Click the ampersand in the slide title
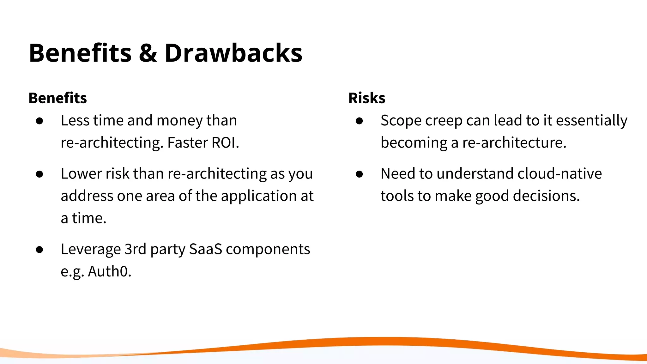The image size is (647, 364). coord(148,53)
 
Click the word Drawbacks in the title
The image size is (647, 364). coord(233,53)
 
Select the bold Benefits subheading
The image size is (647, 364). coord(57,98)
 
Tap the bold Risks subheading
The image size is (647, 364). coord(366,98)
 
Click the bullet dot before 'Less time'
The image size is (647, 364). coord(39,121)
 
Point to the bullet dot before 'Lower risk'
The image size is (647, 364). coord(39,174)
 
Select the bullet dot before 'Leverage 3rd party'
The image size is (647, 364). coord(39,250)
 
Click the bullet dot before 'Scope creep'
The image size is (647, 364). coord(359,121)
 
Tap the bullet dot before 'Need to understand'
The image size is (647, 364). coord(359,174)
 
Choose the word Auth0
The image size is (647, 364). coord(109,271)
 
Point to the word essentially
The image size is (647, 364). coord(591,121)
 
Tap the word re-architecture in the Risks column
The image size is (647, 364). coord(514,143)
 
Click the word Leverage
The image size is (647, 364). coord(91,250)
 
